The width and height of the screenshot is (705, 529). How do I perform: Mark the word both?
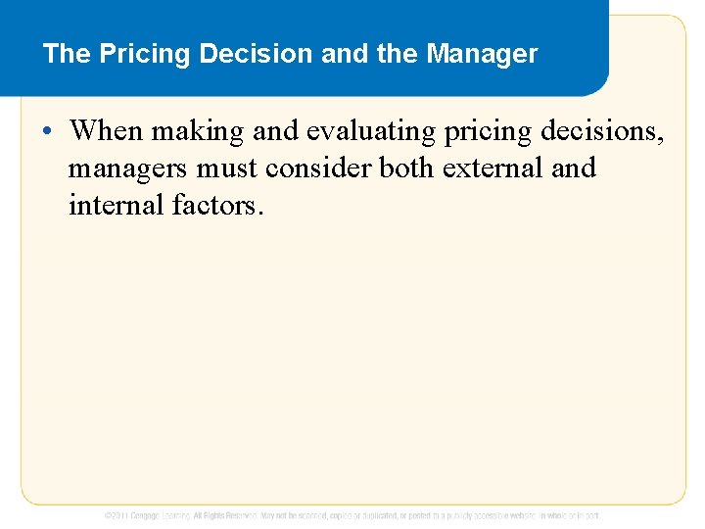tap(406, 168)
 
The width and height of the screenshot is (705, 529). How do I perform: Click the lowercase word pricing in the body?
tap(483, 129)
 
